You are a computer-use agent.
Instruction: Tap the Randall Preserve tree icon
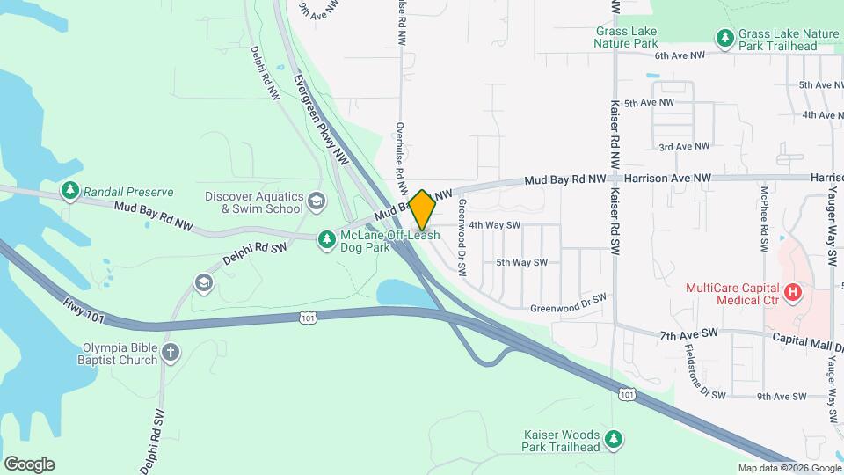click(x=69, y=190)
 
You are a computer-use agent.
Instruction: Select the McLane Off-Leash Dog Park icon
click(x=327, y=239)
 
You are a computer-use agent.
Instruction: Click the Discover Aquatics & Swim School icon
click(x=316, y=203)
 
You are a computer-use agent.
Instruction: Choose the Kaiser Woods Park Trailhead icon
click(x=615, y=438)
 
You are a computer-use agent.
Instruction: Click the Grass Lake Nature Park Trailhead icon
click(x=724, y=38)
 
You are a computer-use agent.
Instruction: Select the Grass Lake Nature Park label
click(x=625, y=36)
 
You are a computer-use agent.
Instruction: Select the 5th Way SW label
click(x=521, y=262)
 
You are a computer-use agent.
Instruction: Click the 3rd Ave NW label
click(x=684, y=147)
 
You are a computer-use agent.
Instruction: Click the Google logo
click(x=29, y=464)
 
